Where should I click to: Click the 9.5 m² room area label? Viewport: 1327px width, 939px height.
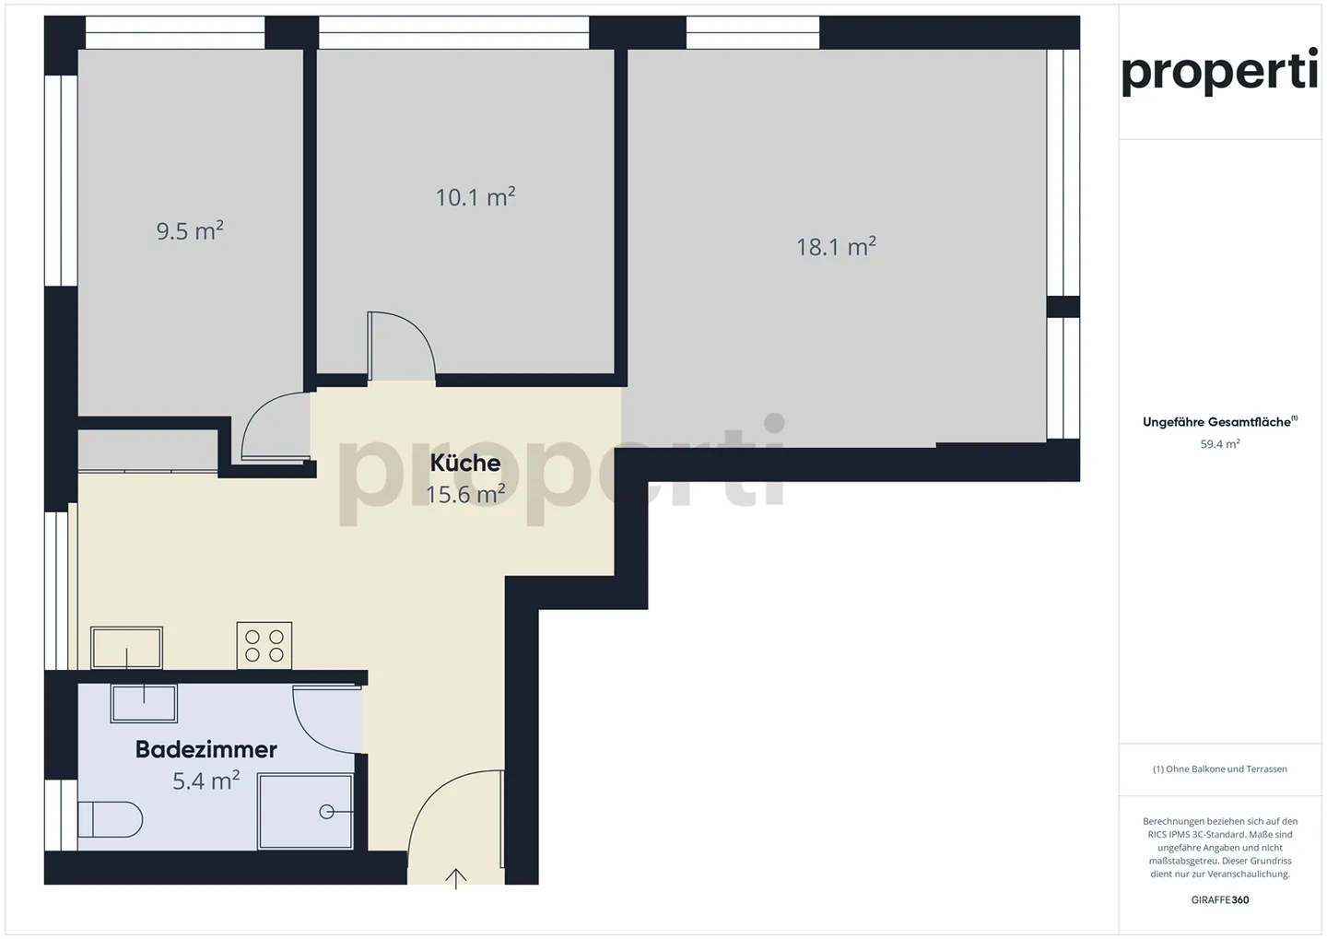(190, 230)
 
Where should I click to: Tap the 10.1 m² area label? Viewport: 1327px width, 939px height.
(476, 196)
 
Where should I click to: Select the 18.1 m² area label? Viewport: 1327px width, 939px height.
(836, 246)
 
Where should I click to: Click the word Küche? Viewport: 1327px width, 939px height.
(465, 463)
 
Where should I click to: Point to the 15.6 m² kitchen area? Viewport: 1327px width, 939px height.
(465, 494)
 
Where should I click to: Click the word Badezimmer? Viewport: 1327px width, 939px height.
(206, 749)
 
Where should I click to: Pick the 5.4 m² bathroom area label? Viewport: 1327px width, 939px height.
(206, 781)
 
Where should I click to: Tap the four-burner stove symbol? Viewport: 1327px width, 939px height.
(264, 646)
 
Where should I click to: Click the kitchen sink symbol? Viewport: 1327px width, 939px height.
(127, 648)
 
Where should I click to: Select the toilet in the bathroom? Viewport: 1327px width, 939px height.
(111, 819)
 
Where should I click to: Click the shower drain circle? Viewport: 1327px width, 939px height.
(326, 812)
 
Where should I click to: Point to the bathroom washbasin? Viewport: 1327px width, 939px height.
(144, 703)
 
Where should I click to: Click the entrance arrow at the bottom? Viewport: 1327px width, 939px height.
(455, 878)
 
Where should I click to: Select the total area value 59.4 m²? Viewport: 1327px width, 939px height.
(1220, 444)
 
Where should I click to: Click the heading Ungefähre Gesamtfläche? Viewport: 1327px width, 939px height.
(1220, 421)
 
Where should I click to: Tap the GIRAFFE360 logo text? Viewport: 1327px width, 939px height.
(1220, 900)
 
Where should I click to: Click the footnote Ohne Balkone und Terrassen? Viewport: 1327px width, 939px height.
(1220, 769)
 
